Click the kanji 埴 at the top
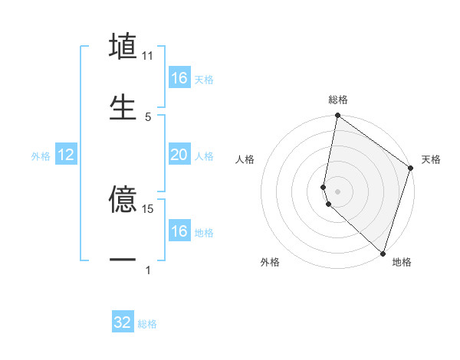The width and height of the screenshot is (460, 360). tap(123, 47)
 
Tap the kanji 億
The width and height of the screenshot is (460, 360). tap(123, 201)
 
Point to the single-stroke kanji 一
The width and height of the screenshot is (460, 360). tap(123, 260)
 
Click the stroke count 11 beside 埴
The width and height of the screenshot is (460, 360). tap(148, 56)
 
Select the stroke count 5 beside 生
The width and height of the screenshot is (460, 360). tap(148, 116)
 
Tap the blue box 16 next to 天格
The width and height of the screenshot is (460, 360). tap(179, 78)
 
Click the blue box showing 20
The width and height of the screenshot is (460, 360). tap(179, 155)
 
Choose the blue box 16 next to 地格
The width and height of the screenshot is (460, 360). tap(179, 231)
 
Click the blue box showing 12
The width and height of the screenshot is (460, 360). tap(66, 155)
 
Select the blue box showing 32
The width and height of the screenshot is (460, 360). tap(123, 322)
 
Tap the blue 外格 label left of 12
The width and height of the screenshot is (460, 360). tap(41, 156)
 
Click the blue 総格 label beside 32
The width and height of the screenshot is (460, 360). tap(147, 324)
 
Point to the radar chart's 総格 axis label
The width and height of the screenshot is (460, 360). tap(338, 100)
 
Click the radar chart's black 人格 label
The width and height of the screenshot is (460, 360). tap(245, 159)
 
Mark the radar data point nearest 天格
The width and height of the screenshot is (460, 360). tap(411, 169)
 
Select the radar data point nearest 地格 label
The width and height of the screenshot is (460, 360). tap(383, 254)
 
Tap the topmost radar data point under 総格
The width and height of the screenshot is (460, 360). tap(337, 116)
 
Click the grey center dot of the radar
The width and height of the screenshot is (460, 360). tap(337, 191)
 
